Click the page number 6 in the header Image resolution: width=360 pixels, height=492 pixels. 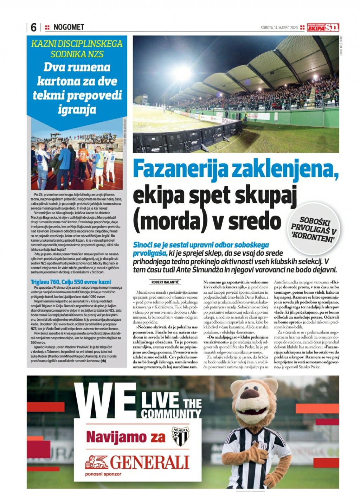pos(34,27)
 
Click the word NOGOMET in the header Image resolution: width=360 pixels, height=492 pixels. pos(69,27)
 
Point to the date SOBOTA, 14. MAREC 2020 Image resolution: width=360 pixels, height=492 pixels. pos(279,28)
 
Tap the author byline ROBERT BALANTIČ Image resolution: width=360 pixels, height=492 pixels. pos(165,282)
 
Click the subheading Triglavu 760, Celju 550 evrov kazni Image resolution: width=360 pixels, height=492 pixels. pos(71,282)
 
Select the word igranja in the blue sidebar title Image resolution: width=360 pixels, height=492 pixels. pos(77,109)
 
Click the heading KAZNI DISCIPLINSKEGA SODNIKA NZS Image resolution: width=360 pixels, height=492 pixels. pos(77,49)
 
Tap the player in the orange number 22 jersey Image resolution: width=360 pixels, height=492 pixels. pos(83,158)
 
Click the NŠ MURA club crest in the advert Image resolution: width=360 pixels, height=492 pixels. pos(180,436)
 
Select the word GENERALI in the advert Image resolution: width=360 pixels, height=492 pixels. pos(150,462)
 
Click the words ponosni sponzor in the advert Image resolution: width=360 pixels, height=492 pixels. pos(103,474)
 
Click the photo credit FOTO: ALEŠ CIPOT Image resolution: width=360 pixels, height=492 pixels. pos(341,46)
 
